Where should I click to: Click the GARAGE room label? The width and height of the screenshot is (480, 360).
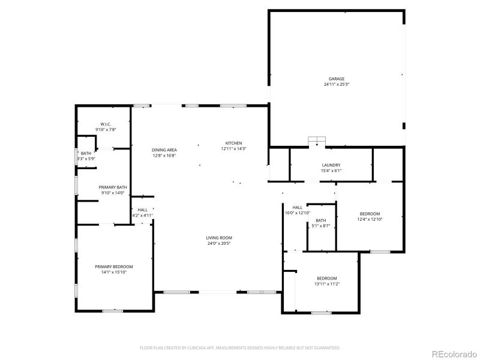[x=336, y=79]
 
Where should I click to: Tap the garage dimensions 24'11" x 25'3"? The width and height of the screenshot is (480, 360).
[x=336, y=85]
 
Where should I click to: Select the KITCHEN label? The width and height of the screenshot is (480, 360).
[x=233, y=143]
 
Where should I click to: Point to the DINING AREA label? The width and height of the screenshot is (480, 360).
[x=164, y=149]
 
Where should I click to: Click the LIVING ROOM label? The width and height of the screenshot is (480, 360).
[x=218, y=238]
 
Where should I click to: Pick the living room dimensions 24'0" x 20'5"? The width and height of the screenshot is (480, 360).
[x=218, y=244]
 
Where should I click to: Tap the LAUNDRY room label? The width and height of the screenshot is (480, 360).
[x=331, y=165]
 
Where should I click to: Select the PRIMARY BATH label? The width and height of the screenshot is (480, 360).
[x=113, y=187]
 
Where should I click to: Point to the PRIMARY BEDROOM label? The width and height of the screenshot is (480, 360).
[x=113, y=266]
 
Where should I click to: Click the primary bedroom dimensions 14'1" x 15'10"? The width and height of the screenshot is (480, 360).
[x=113, y=272]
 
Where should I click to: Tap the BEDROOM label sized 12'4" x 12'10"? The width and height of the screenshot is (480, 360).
[x=370, y=214]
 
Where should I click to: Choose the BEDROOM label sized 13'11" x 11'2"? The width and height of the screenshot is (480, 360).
[x=327, y=278]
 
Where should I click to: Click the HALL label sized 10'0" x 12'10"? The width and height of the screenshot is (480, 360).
[x=297, y=208]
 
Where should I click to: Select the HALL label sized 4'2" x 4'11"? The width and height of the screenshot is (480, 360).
[x=143, y=209]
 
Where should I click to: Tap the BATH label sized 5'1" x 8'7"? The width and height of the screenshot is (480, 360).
[x=321, y=220]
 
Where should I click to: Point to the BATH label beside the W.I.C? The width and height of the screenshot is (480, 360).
[x=86, y=153]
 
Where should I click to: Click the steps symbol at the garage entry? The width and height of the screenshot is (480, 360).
[x=316, y=141]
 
